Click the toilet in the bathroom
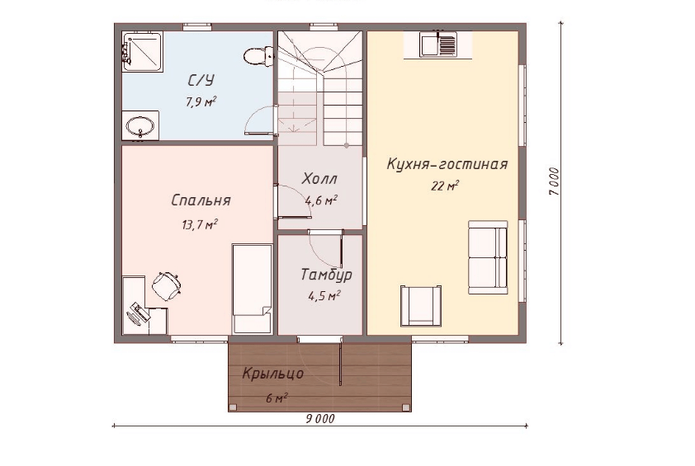pyautogui.click(x=258, y=56)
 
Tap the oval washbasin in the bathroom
pyautogui.click(x=140, y=126)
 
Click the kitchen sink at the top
pyautogui.click(x=438, y=45)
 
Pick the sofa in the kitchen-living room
pyautogui.click(x=488, y=257)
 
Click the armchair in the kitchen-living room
pyautogui.click(x=421, y=306)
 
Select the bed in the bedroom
pyautogui.click(x=253, y=289)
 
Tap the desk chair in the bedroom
pyautogui.click(x=167, y=284)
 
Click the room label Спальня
pyautogui.click(x=201, y=200)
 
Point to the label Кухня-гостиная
pyautogui.click(x=447, y=164)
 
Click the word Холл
pyautogui.click(x=319, y=178)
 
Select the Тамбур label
pyautogui.click(x=327, y=275)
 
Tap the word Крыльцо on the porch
pyautogui.click(x=272, y=374)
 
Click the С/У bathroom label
pyautogui.click(x=201, y=80)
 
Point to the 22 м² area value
pyautogui.click(x=445, y=186)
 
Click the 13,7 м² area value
pyautogui.click(x=199, y=224)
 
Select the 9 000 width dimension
pyautogui.click(x=320, y=419)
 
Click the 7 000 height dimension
pyautogui.click(x=554, y=181)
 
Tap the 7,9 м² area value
pyautogui.click(x=201, y=102)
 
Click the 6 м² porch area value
pyautogui.click(x=277, y=398)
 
